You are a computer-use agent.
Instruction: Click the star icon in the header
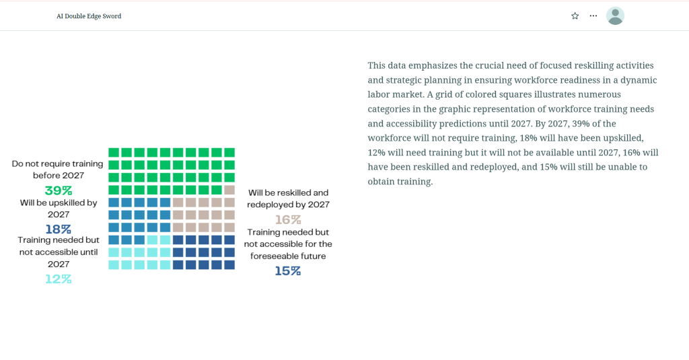(575, 15)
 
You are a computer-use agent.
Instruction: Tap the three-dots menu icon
(593, 15)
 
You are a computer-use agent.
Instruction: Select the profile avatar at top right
(615, 15)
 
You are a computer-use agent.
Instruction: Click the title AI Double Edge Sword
(89, 16)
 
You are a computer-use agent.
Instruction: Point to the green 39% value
(59, 190)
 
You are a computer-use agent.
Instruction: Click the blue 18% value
(59, 229)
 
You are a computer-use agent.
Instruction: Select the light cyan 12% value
(59, 279)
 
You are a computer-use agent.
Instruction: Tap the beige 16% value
(288, 219)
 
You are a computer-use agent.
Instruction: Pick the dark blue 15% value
(288, 271)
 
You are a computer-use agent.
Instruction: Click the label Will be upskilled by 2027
(59, 208)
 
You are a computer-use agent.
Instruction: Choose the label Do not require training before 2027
(58, 169)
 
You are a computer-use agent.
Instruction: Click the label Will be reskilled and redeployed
(289, 199)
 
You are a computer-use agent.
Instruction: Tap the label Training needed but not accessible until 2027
(59, 252)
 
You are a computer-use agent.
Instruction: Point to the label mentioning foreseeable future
(288, 244)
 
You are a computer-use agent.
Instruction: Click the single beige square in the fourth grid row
(229, 190)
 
